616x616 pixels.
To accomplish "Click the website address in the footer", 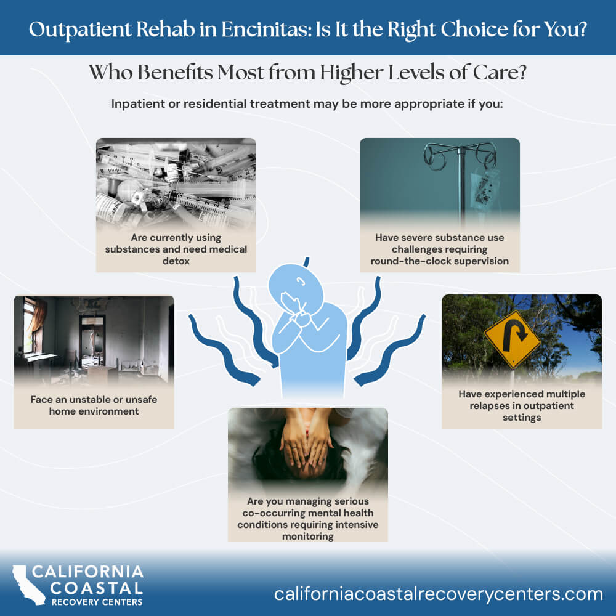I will pyautogui.click(x=439, y=594).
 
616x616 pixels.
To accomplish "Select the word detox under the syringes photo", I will pyautogui.click(x=176, y=261).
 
